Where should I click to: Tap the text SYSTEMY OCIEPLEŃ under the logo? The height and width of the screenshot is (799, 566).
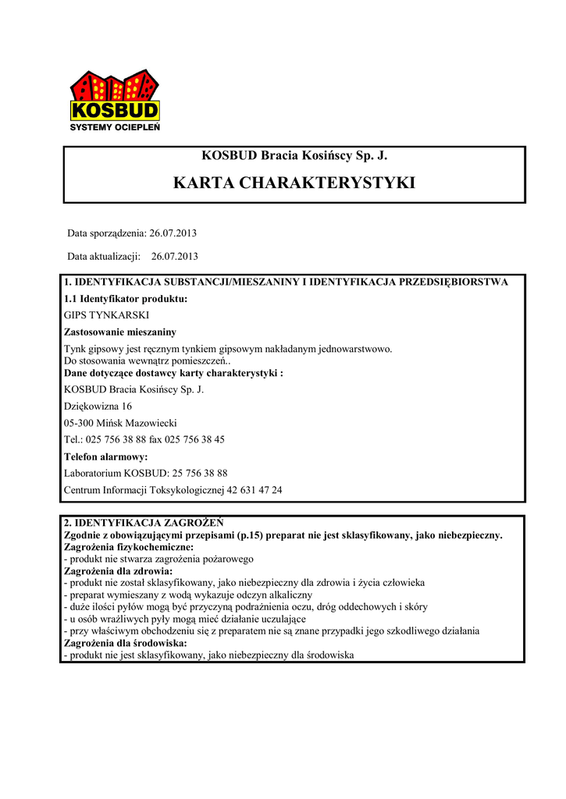[x=116, y=126]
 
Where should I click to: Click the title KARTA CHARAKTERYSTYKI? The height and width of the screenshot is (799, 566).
[x=294, y=183]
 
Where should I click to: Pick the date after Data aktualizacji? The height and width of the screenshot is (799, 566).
[x=175, y=255]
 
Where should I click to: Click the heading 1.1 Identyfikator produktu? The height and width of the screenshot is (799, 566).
[x=126, y=299]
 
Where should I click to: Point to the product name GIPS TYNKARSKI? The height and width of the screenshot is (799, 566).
[x=105, y=315]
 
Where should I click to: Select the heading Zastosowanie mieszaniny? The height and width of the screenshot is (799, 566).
[x=120, y=332]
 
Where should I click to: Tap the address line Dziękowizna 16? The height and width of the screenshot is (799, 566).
[x=98, y=406]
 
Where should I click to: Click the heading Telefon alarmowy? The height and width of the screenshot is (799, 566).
[x=105, y=456]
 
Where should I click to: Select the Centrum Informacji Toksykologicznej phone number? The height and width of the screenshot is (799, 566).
[x=256, y=490]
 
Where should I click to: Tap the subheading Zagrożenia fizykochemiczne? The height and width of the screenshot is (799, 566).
[x=128, y=547]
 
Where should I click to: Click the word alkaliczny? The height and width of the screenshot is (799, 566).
[x=287, y=595]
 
